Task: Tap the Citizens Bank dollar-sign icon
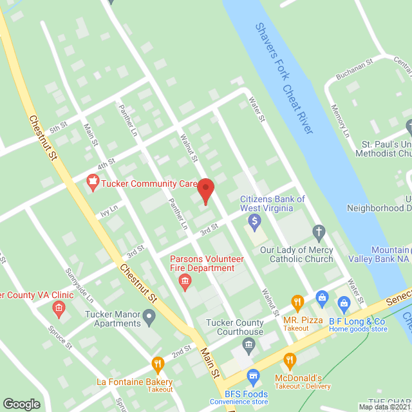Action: point(255,223)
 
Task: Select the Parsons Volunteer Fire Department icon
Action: point(185,281)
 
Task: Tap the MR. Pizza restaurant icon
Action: point(297,301)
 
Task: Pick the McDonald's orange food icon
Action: point(290,360)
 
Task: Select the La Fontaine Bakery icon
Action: point(157,365)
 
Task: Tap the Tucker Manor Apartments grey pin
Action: point(149,315)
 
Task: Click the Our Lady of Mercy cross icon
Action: point(318,231)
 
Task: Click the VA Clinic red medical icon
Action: point(59,309)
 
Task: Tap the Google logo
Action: point(21,404)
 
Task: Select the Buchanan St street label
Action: point(351,71)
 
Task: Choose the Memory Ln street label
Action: point(339,121)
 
